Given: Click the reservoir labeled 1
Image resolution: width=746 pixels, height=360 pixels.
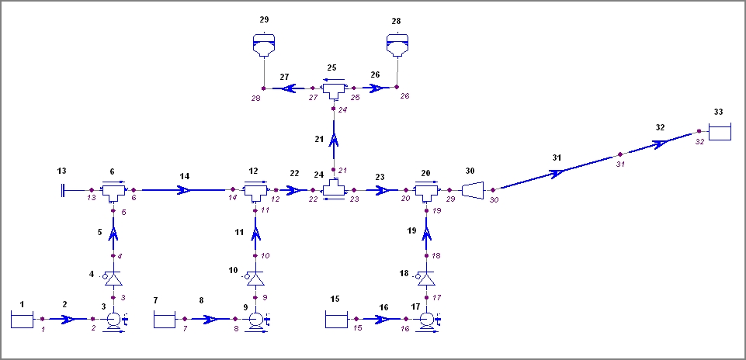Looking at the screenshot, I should click(x=21, y=318).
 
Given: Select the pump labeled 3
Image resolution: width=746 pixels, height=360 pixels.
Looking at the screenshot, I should click(x=113, y=319).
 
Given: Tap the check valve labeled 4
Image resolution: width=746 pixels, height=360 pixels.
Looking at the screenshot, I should click(x=113, y=278).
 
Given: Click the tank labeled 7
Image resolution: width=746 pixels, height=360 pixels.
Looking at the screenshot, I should click(x=165, y=318).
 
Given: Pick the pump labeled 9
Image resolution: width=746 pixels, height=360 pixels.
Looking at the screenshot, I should click(x=255, y=319).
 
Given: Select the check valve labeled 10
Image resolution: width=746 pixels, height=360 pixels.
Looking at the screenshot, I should click(x=255, y=278).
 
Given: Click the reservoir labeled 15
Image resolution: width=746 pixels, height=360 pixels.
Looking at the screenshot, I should click(x=335, y=318).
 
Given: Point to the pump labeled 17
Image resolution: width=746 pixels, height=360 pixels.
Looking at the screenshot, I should click(x=425, y=319).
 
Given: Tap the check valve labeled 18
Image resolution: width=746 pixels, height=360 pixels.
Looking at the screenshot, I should click(x=425, y=278).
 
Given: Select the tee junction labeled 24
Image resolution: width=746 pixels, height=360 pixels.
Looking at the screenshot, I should click(x=334, y=189).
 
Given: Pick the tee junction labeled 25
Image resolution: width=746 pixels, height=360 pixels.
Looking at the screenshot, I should click(x=334, y=91).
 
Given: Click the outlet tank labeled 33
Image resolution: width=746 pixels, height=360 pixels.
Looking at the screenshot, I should click(x=720, y=133).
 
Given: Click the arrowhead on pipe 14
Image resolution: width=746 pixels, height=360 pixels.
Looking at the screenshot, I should click(x=184, y=189).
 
